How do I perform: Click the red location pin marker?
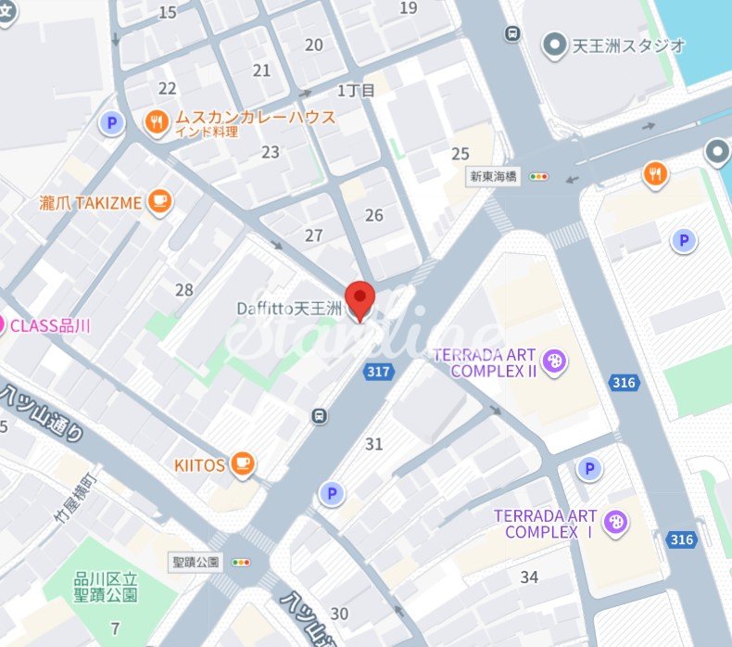[360, 298]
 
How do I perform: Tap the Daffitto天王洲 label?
[288, 308]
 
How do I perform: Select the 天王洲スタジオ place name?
[627, 44]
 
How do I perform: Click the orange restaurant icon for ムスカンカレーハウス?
[157, 120]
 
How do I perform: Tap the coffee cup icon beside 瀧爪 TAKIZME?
[159, 201]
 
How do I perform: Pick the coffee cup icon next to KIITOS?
[243, 464]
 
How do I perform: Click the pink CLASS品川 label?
[51, 325]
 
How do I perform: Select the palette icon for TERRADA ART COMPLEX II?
[554, 360]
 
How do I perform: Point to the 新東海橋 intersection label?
[495, 176]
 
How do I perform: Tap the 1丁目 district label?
[356, 90]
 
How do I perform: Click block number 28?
[184, 290]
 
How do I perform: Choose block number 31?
[373, 444]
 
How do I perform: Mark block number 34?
[529, 577]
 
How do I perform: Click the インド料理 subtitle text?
[207, 133]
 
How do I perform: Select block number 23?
[271, 152]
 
